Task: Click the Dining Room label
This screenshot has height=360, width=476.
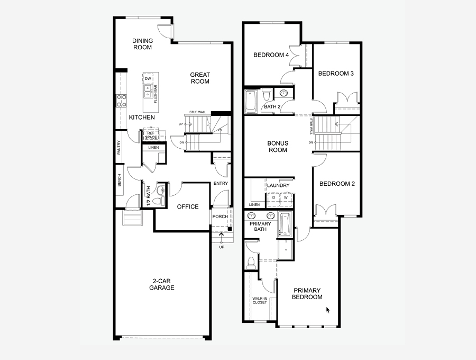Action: click(x=142, y=44)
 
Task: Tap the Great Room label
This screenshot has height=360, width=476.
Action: click(x=200, y=78)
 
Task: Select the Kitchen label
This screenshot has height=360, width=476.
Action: click(x=142, y=117)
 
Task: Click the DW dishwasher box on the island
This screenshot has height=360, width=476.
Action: click(x=148, y=79)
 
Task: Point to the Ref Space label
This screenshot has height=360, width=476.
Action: click(x=151, y=135)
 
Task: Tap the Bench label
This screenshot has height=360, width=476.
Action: click(x=120, y=181)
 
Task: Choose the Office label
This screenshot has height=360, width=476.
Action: click(x=188, y=206)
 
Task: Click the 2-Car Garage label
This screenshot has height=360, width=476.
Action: click(x=161, y=284)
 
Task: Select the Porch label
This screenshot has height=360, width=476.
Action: click(x=219, y=217)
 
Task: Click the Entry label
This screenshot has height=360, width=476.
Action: click(x=221, y=184)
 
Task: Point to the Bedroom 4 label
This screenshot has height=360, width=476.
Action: click(x=271, y=55)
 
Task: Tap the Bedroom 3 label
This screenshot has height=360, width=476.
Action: click(x=336, y=74)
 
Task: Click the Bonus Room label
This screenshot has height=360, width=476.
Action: click(x=277, y=147)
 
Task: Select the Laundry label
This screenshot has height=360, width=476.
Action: click(x=278, y=185)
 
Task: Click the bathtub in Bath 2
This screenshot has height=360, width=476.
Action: click(x=251, y=101)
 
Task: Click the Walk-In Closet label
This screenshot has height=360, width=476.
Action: click(x=259, y=300)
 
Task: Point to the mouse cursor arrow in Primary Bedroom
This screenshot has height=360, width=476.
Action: click(x=328, y=310)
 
